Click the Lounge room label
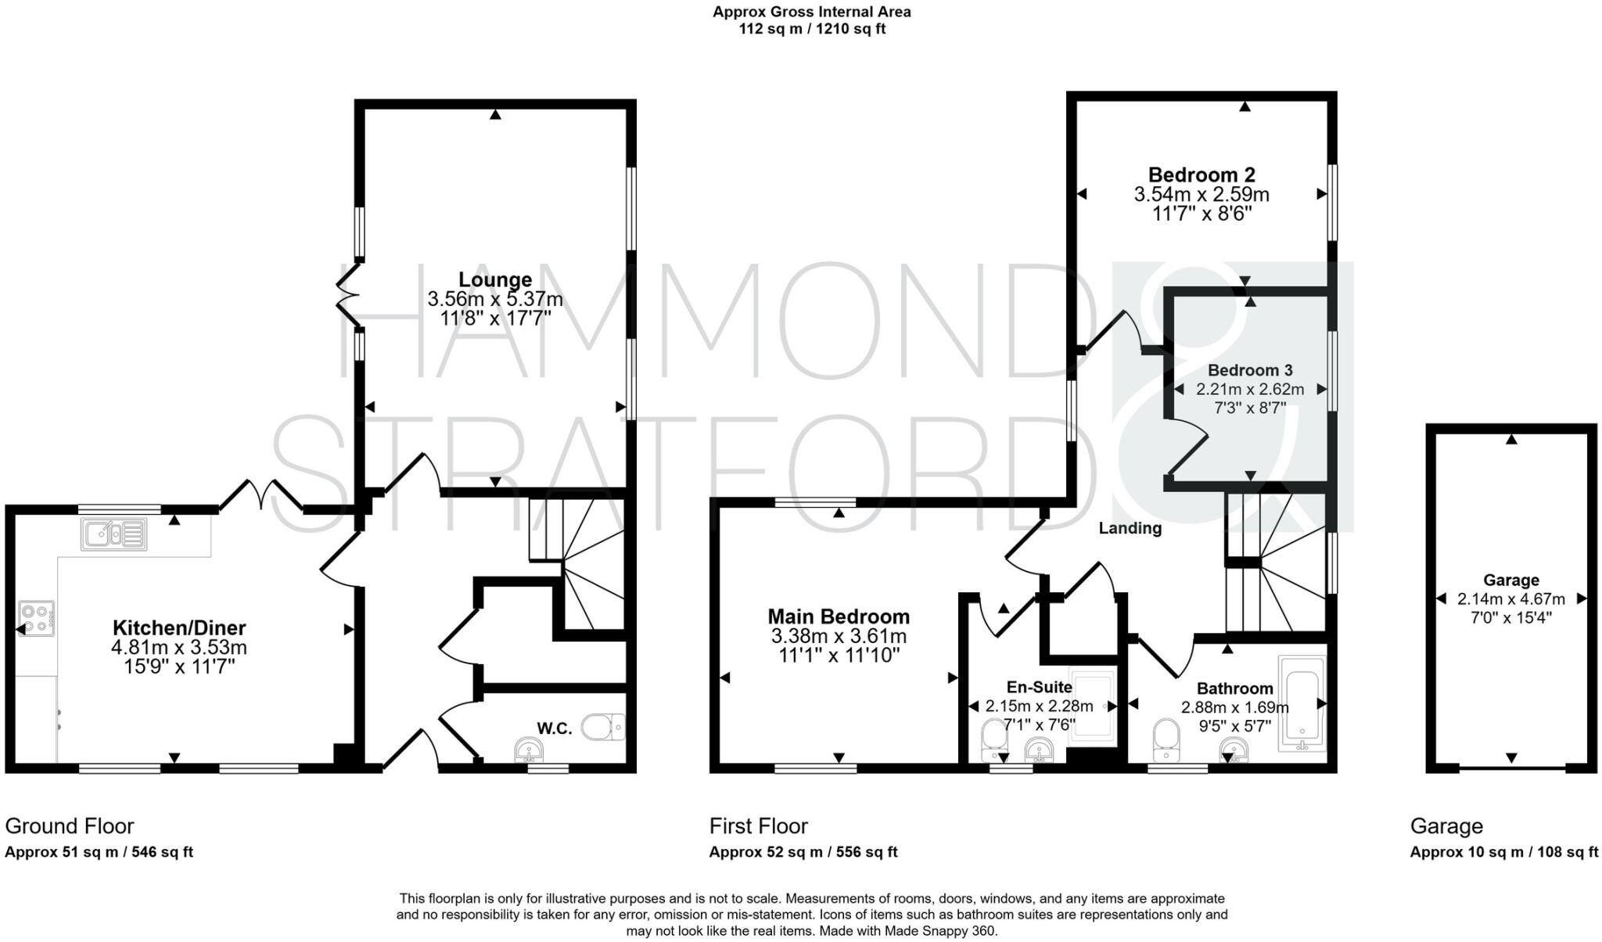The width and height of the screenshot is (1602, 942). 494,279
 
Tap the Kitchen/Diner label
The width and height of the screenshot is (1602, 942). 179,627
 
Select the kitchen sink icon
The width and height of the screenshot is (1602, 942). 113,534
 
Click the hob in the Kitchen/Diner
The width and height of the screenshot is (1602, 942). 37,618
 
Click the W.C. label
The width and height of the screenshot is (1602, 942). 554,728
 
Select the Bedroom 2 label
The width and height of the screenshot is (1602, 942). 1201,174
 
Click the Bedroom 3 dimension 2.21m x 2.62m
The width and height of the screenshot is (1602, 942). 1250,389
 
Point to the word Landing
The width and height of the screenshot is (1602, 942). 1130,528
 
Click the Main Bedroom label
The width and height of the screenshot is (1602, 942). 839,617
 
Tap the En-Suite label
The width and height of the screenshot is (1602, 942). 1039,687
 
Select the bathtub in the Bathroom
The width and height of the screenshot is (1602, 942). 1302,703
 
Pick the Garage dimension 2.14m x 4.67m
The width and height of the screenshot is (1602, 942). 1510,599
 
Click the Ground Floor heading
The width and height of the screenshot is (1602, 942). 70,826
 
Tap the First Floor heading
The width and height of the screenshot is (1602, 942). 758,826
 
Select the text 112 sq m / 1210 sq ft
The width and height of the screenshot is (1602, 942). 811,30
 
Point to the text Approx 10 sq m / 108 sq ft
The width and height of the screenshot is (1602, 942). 1503,852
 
